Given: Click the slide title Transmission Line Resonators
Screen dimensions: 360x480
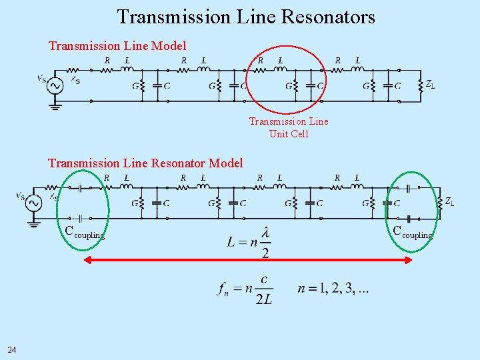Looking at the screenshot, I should (246, 17).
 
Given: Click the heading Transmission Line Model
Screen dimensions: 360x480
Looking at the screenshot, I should (117, 46).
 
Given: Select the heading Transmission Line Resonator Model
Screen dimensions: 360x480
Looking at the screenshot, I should (145, 163).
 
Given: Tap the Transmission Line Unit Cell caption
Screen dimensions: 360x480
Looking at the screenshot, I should (289, 127).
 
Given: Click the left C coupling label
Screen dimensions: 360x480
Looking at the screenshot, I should (84, 233).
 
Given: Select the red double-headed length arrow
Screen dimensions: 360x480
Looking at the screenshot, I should (247, 261).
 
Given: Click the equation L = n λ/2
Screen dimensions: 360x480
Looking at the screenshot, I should (249, 241).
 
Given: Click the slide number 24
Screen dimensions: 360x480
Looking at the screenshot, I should (12, 350).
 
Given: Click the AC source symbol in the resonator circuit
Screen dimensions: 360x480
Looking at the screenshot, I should (33, 203).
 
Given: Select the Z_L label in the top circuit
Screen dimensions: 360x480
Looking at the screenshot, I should (431, 85).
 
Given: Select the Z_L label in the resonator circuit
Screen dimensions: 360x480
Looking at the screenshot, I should (450, 201).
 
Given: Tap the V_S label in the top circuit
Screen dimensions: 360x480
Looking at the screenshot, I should (41, 78).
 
